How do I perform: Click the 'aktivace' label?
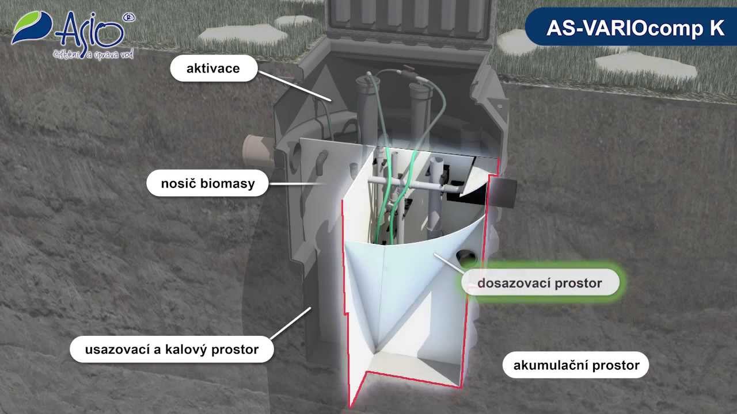(x=214, y=68)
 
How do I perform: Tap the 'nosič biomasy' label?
(x=208, y=183)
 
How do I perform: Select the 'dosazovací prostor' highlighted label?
(x=540, y=282)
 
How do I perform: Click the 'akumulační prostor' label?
(x=576, y=365)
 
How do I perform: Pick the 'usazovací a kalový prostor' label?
(x=172, y=349)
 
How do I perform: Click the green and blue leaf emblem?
(x=32, y=27)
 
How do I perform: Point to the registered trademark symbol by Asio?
(x=128, y=18)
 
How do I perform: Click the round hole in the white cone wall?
(x=466, y=257)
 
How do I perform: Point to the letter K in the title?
(x=717, y=28)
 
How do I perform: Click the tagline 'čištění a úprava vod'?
(x=93, y=55)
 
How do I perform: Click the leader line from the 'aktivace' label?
(x=294, y=86)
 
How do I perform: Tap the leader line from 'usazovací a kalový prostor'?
(x=291, y=323)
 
